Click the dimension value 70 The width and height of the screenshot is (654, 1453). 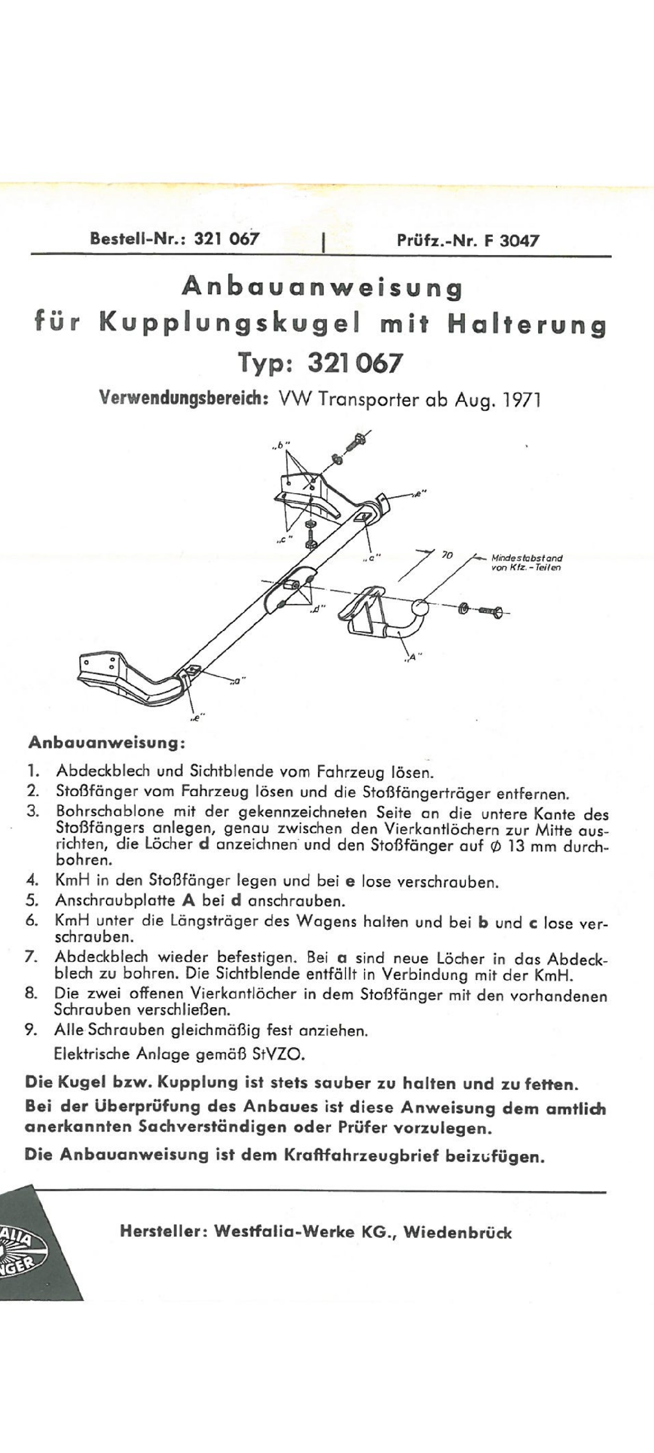pos(447,555)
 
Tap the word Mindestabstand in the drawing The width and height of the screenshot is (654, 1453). pos(527,558)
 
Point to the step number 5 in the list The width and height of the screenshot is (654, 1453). pos(32,900)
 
